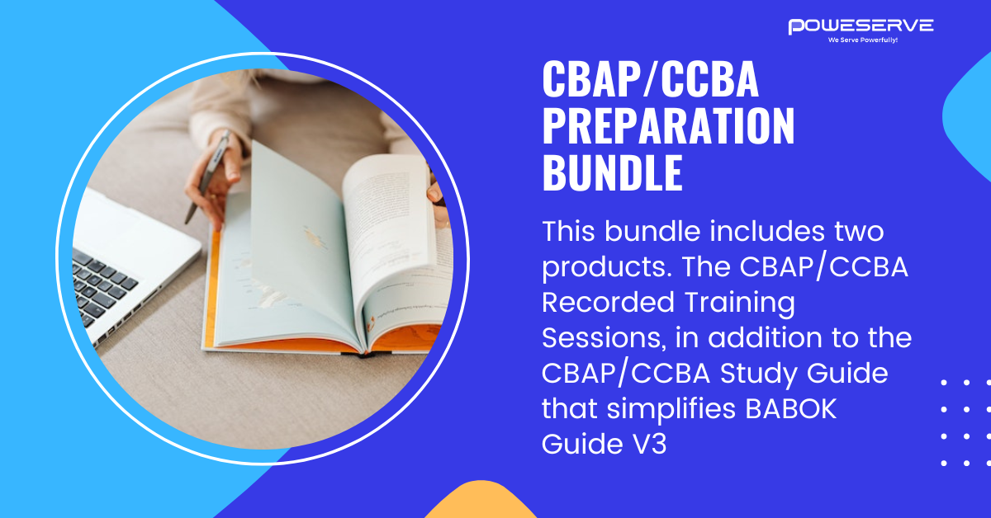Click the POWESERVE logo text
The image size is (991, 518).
pos(861,26)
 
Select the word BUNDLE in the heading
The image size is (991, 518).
pos(612,172)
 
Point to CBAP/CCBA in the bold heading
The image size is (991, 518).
pos(650,81)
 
